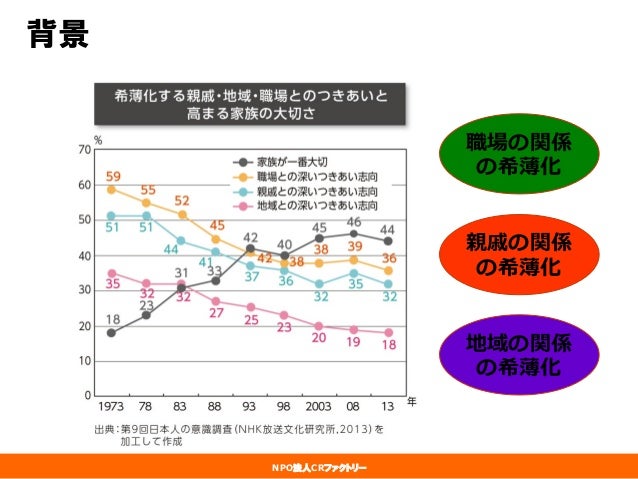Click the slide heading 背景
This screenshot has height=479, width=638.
click(x=58, y=34)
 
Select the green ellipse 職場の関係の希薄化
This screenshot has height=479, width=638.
click(x=519, y=153)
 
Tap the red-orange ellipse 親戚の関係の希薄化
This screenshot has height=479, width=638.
click(x=519, y=254)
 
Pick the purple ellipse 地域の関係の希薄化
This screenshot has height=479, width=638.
click(x=519, y=354)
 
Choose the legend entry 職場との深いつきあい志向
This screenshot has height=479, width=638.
click(x=306, y=177)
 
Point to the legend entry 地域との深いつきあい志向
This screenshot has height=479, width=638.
click(x=306, y=206)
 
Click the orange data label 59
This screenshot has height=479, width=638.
click(x=113, y=177)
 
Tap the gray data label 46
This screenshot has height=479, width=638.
click(x=354, y=222)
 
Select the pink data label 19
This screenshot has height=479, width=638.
click(x=353, y=342)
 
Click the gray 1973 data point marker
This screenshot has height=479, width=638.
click(x=111, y=333)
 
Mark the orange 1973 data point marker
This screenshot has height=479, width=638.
click(x=111, y=189)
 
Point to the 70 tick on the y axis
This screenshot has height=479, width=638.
click(x=85, y=150)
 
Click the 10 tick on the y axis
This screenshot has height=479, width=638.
click(x=85, y=361)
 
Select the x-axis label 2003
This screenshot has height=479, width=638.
click(x=318, y=407)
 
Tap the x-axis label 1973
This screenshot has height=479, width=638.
click(x=111, y=407)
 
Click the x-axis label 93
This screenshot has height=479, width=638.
click(x=249, y=407)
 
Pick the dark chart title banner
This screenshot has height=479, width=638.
click(x=250, y=104)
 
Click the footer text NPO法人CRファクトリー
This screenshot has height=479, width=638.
click(x=319, y=468)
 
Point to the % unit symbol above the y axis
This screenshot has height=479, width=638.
click(x=98, y=141)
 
